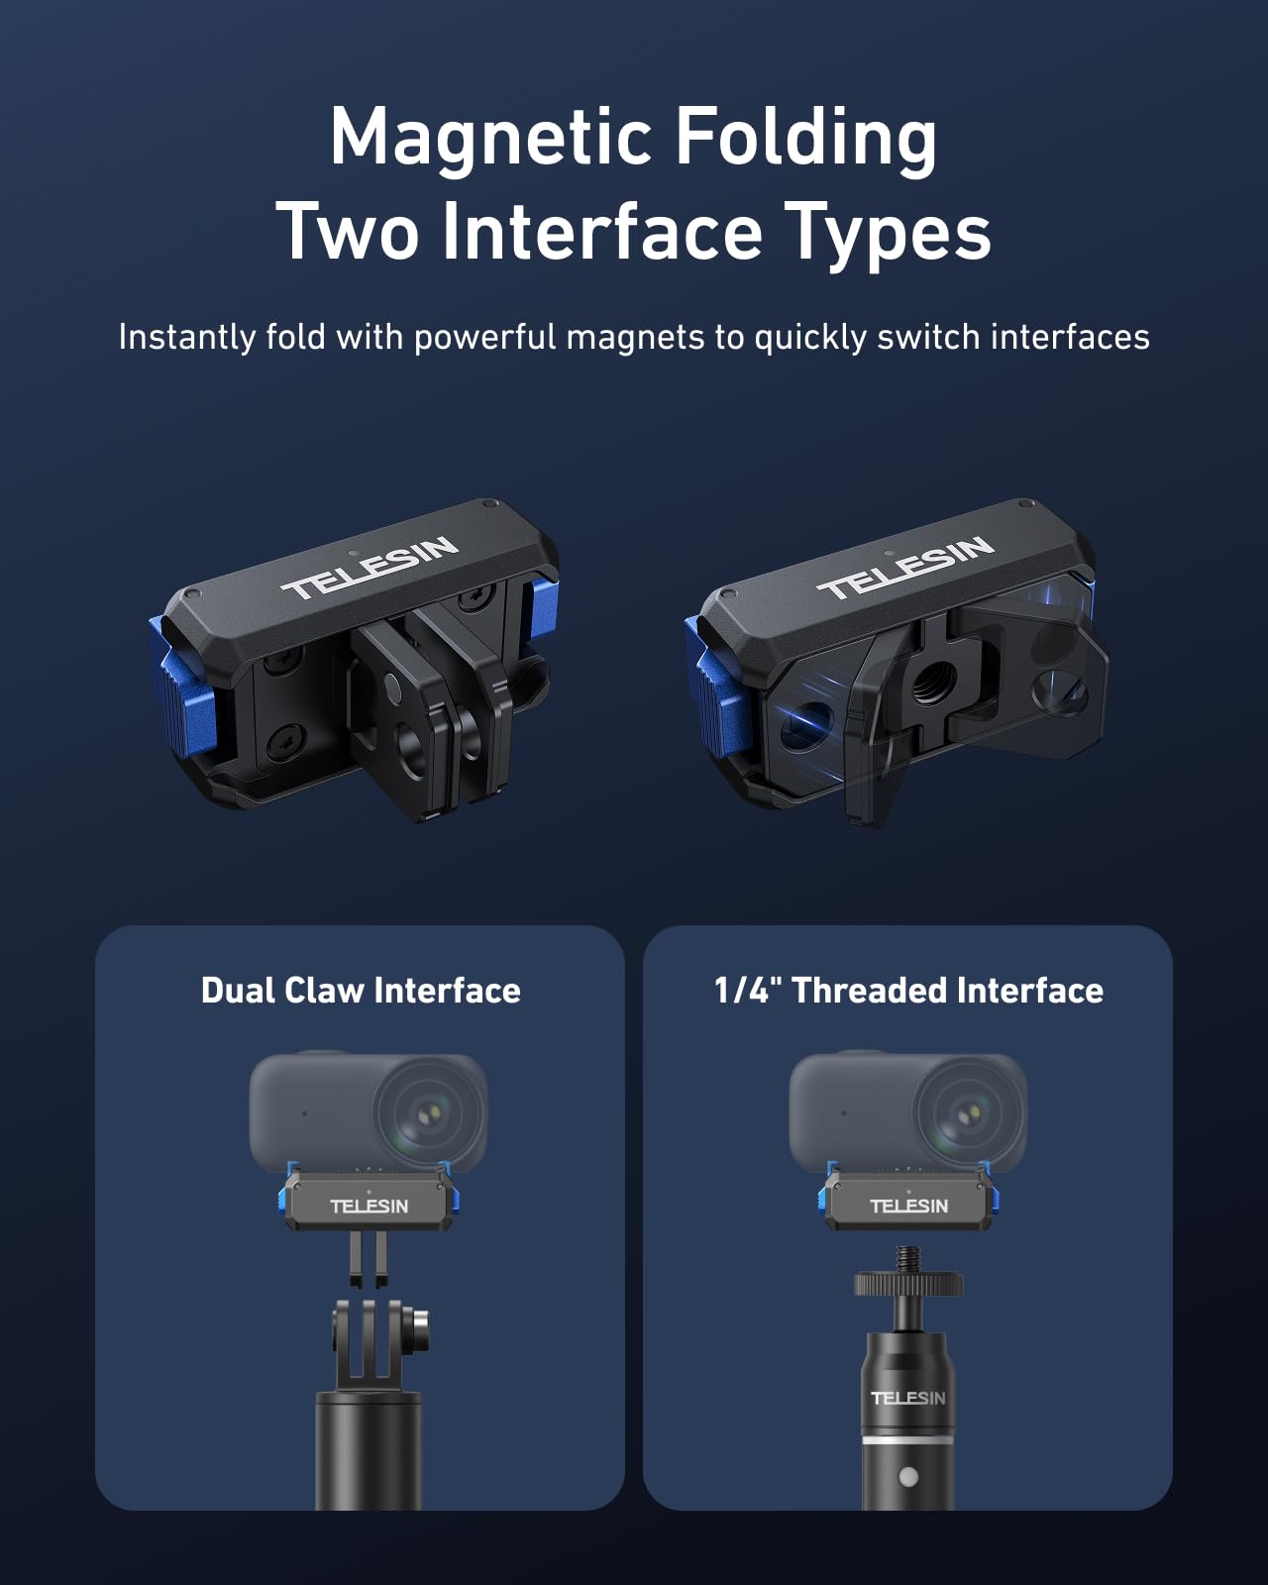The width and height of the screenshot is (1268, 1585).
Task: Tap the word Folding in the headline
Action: click(806, 139)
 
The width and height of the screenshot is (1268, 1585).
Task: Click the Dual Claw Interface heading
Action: click(361, 991)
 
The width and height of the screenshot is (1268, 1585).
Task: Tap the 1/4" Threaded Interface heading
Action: click(908, 991)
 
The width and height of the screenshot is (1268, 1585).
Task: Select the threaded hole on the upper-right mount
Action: click(930, 683)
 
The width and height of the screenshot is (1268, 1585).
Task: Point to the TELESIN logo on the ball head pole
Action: click(908, 1398)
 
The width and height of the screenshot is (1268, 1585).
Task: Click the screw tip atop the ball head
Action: click(907, 1257)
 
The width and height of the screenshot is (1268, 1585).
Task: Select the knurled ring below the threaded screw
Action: click(907, 1285)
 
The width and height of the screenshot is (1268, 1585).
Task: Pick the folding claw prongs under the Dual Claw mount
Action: click(369, 1258)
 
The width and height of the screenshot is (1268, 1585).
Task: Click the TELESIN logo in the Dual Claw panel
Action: click(369, 1206)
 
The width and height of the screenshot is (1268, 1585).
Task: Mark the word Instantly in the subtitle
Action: click(187, 337)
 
